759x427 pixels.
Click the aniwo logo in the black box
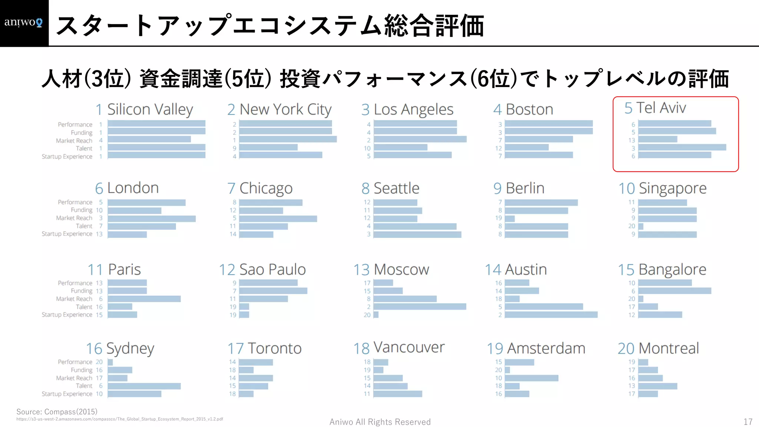[23, 23]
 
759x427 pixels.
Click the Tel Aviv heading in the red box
[655, 108]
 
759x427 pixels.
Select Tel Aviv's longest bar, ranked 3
[682, 148]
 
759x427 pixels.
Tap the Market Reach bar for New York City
[288, 139]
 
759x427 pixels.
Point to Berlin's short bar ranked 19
[510, 219]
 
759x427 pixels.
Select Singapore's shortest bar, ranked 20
[641, 226]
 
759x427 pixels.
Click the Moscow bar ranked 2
[420, 307]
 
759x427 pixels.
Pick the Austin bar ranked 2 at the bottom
[551, 315]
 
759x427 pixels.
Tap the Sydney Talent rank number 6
[100, 386]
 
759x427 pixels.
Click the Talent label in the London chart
[84, 226]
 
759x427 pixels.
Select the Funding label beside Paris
[82, 291]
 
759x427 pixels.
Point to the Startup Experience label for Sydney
[67, 394]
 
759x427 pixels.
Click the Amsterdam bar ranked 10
[531, 378]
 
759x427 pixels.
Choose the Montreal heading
[658, 348]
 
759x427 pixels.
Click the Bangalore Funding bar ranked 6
[675, 291]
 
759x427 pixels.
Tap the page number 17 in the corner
[748, 422]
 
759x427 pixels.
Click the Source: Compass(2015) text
[57, 412]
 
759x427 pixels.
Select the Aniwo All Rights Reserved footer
[380, 422]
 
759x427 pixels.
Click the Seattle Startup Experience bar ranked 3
[417, 235]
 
